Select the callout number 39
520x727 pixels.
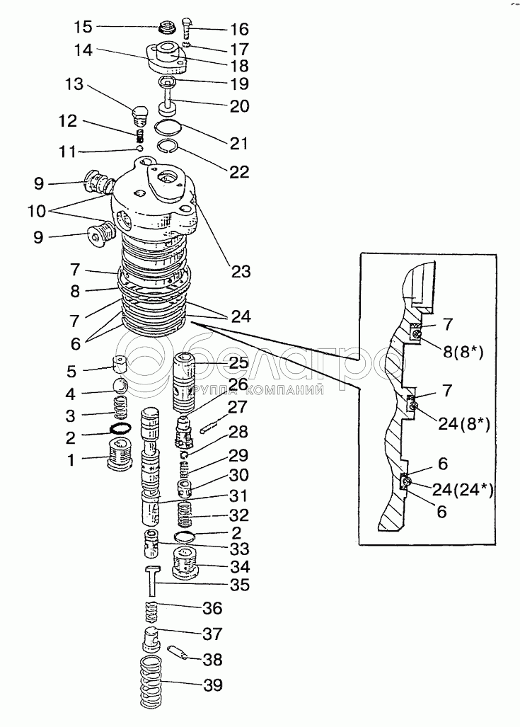pyautogui.click(x=213, y=685)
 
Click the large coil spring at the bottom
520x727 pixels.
pyautogui.click(x=150, y=682)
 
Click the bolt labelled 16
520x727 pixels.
pyautogui.click(x=187, y=26)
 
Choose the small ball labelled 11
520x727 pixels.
pyautogui.click(x=140, y=149)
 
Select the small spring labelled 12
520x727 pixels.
pyautogui.click(x=140, y=134)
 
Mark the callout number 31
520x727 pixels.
pyautogui.click(x=238, y=496)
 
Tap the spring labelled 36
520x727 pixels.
pyautogui.click(x=151, y=609)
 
